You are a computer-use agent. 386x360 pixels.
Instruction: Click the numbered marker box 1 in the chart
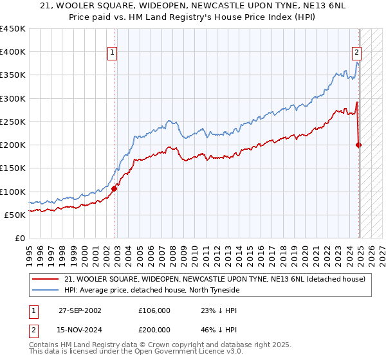(112, 53)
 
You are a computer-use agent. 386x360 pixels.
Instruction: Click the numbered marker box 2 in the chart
(356, 53)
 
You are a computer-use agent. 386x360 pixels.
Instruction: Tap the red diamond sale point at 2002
(114, 189)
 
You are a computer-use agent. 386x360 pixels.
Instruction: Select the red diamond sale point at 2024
(359, 145)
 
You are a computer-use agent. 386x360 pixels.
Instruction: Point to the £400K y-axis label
(12, 52)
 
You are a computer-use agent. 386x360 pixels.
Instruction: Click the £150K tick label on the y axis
(12, 168)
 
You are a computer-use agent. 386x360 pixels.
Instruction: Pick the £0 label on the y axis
(20, 238)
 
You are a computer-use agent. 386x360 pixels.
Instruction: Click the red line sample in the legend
(45, 279)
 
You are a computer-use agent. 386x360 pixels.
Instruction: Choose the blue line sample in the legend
(45, 291)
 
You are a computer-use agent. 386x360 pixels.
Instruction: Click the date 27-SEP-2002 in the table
(80, 310)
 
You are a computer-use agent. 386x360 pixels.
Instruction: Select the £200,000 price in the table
(154, 328)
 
